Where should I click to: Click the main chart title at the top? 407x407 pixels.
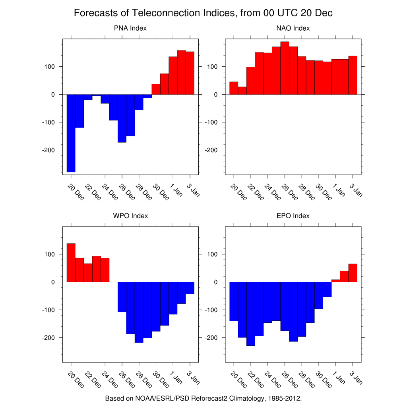[x=203, y=13]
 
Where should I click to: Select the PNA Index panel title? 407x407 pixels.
[x=130, y=28]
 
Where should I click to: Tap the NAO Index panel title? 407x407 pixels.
[x=293, y=28]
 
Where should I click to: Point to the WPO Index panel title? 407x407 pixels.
[x=130, y=216]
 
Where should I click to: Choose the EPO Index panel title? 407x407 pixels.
[x=293, y=216]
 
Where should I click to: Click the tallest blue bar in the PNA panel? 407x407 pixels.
[x=71, y=133]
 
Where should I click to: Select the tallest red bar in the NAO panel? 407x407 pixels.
[x=285, y=68]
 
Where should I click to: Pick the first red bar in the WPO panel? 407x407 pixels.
[x=71, y=262]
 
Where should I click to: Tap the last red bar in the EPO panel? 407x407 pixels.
[x=353, y=273]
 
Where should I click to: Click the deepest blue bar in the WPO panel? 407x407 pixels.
[x=139, y=312]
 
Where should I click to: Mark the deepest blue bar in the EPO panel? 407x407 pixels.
[x=251, y=314]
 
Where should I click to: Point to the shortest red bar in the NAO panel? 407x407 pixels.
[x=242, y=91]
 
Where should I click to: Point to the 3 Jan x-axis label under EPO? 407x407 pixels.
[x=356, y=377]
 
